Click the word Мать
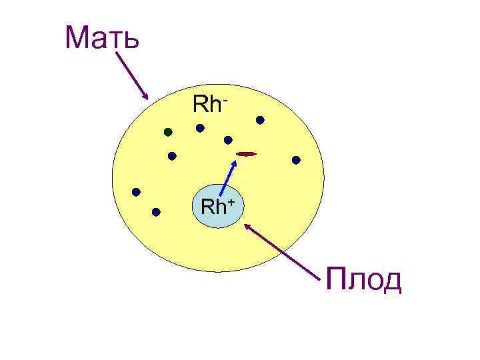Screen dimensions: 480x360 tap(102, 39)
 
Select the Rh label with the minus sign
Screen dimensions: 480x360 tap(211, 105)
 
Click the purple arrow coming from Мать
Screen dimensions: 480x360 tap(131, 74)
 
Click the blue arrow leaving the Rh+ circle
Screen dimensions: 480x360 tap(228, 177)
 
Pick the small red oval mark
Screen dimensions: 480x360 tap(246, 154)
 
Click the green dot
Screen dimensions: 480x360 tap(169, 131)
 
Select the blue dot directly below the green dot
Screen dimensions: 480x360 tap(172, 156)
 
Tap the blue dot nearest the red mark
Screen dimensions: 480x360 tap(228, 140)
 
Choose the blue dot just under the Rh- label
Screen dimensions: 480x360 tap(199, 128)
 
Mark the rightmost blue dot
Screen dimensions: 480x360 tap(296, 160)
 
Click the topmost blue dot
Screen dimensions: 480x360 tap(260, 120)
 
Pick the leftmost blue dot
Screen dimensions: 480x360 tap(136, 192)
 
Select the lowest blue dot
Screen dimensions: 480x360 tap(156, 213)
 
